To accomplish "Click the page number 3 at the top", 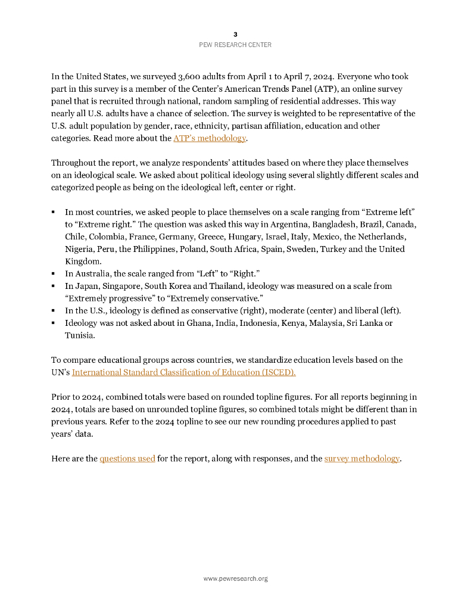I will point(235,34).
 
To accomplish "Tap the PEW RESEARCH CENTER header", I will point(235,45).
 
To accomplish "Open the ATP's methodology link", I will point(209,138).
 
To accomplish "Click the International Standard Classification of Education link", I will point(183,372).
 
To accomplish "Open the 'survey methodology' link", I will point(361,459).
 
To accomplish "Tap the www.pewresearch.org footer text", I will point(235,578).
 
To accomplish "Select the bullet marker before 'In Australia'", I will point(53,273).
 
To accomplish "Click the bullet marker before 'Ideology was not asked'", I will point(53,323).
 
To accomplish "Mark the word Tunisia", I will point(81,335).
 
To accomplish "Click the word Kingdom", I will point(83,262).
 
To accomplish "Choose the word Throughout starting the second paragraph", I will point(74,163).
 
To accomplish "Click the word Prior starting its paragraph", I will point(61,397).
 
